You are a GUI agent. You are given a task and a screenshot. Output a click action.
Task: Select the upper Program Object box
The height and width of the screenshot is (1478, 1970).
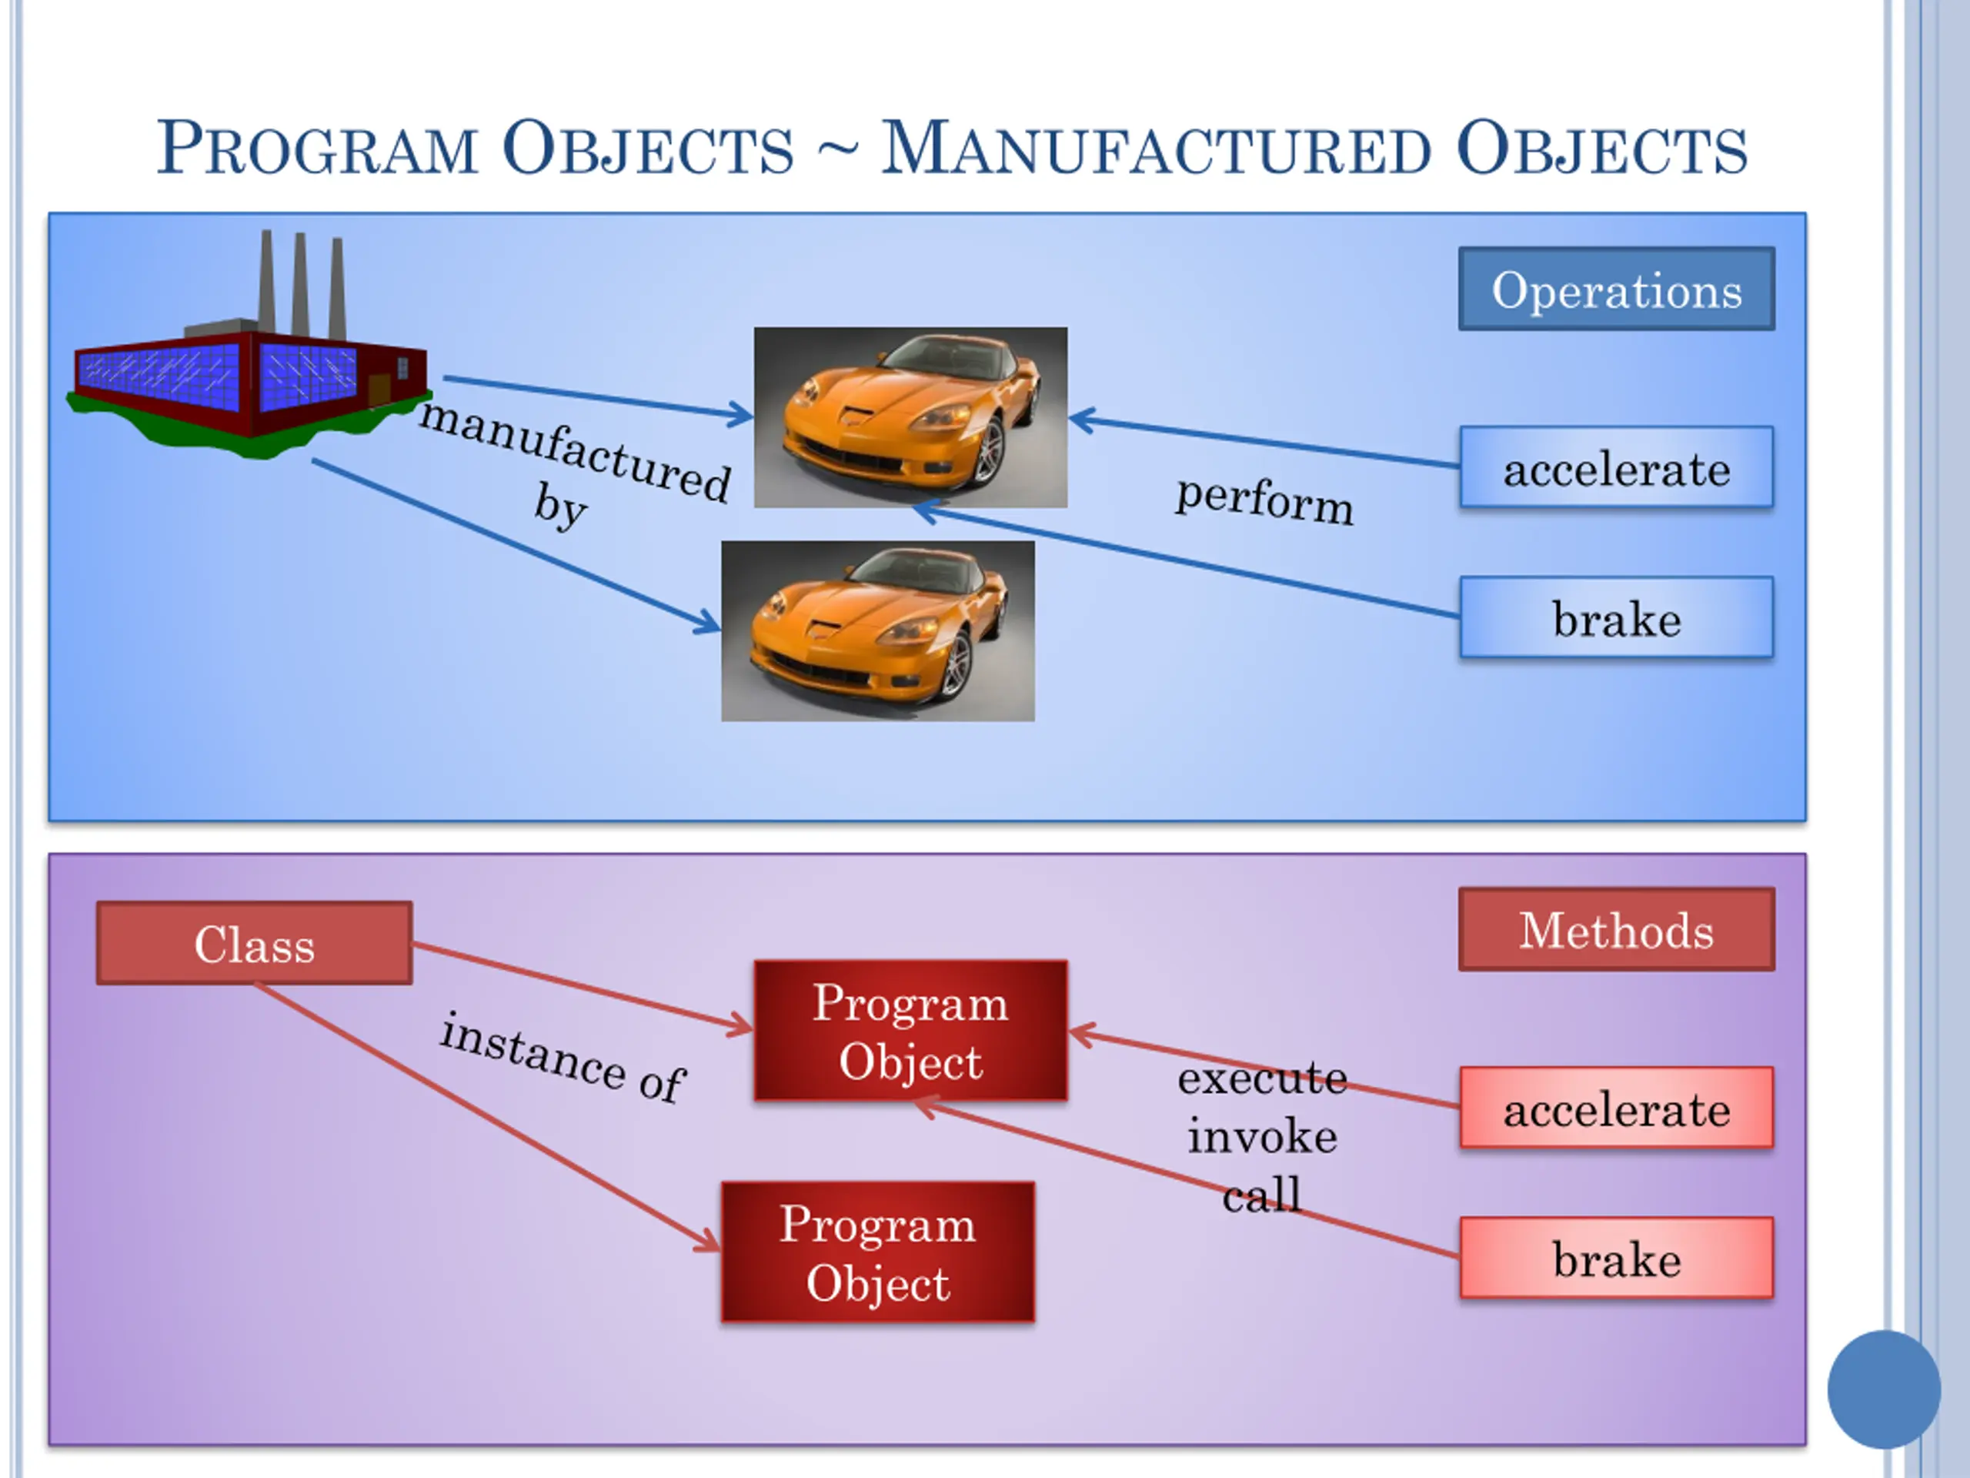point(910,1031)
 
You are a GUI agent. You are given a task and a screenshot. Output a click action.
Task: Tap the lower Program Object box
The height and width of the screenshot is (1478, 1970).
point(877,1252)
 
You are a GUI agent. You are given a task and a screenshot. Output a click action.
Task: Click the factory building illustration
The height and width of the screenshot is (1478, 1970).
point(249,374)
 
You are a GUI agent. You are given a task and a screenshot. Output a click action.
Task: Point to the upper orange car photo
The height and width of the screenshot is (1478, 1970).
point(910,417)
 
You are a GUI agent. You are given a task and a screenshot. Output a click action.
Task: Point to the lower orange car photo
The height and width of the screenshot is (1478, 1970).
point(877,630)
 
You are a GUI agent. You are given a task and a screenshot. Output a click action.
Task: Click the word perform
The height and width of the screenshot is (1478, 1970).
point(1264,500)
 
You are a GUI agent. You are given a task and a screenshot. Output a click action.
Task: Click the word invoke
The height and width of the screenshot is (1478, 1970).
point(1262,1137)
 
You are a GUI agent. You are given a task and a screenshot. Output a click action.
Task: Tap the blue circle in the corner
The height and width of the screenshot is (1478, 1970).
point(1883,1389)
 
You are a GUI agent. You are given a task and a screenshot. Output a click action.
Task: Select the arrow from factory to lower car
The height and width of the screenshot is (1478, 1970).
point(516,545)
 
